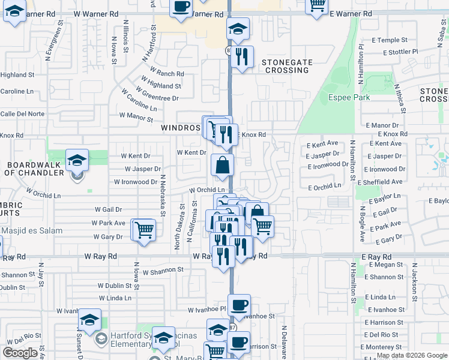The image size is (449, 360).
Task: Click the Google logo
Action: click(20, 353)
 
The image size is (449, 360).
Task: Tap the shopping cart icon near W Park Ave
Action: click(143, 229)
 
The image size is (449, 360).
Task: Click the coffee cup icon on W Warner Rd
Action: click(181, 7)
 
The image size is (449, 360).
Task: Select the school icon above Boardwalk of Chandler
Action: click(77, 160)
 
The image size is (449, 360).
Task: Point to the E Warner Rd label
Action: click(351, 13)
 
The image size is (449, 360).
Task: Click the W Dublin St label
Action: click(114, 286)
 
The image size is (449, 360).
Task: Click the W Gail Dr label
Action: click(108, 209)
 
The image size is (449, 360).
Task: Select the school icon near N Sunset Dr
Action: click(89, 319)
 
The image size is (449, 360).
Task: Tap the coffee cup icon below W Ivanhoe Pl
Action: click(239, 305)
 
